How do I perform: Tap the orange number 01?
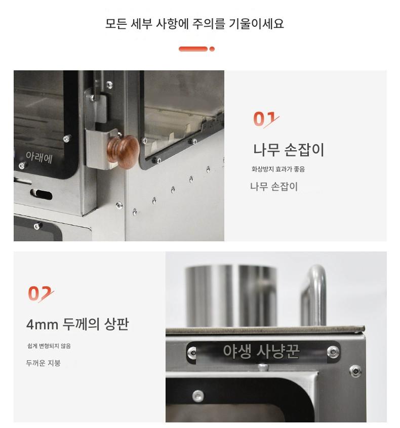pyautogui.click(x=266, y=119)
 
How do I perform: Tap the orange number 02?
pyautogui.click(x=41, y=293)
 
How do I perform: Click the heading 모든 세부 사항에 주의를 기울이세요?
pyautogui.click(x=194, y=24)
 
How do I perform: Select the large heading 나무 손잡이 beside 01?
pyautogui.click(x=289, y=150)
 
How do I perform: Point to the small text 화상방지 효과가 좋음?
pyautogui.click(x=278, y=169)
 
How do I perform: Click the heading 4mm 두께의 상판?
pyautogui.click(x=77, y=324)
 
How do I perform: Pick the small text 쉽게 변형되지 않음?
pyautogui.click(x=49, y=346)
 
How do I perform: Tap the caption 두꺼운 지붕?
pyautogui.click(x=43, y=363)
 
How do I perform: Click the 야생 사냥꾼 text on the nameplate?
pyautogui.click(x=261, y=351)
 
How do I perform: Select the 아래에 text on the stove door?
pyautogui.click(x=39, y=157)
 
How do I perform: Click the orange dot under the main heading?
pyautogui.click(x=212, y=49)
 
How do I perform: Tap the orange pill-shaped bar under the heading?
pyautogui.click(x=193, y=49)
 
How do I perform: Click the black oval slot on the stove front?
pyautogui.click(x=41, y=194)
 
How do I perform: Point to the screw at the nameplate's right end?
pyautogui.click(x=333, y=352)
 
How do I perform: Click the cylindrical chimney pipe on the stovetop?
pyautogui.click(x=231, y=295)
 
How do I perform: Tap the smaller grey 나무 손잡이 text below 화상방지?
pyautogui.click(x=274, y=187)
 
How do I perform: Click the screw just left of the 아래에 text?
pyautogui.click(x=22, y=165)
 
